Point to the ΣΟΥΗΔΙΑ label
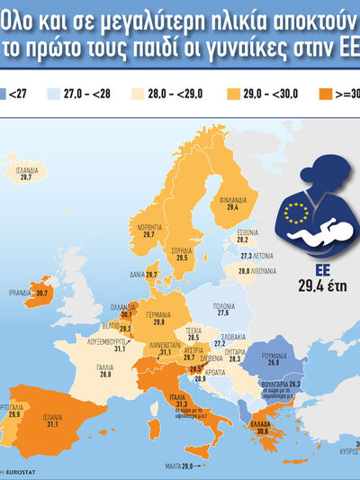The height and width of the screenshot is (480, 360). [x=181, y=249]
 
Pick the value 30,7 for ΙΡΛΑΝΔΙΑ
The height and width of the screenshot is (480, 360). [x=44, y=293]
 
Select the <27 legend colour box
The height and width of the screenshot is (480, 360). [x=4, y=92]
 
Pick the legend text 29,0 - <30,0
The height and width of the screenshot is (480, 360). [x=272, y=92]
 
